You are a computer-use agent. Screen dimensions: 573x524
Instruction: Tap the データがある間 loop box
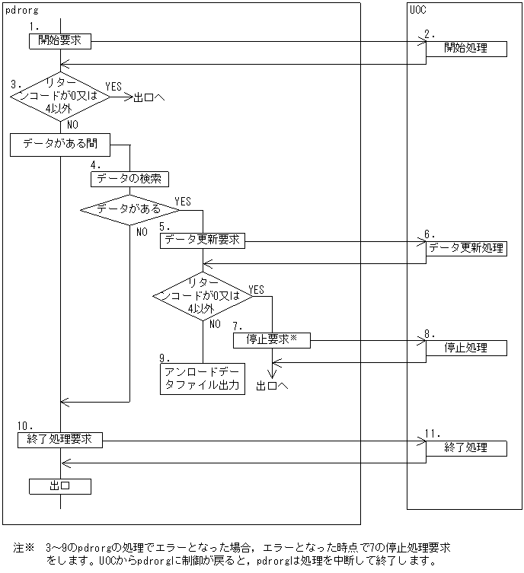point(59,145)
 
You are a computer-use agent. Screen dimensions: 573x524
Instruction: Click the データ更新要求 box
point(203,240)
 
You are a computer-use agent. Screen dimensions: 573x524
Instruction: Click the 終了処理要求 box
point(59,439)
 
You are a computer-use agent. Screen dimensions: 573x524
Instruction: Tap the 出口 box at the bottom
point(59,485)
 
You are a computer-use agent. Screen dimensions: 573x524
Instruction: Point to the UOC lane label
point(417,10)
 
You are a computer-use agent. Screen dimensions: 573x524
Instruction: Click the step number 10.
point(24,425)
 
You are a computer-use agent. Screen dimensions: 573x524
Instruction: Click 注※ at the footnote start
point(24,548)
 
